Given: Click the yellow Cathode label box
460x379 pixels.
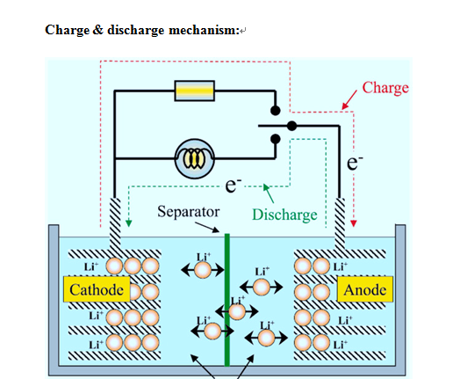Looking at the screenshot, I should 97,290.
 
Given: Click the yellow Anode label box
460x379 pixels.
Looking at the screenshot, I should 364,290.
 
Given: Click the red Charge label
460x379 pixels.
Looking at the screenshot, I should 385,88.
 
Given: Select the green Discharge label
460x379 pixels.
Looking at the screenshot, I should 284,215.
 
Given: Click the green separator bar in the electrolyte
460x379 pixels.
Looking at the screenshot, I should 227,299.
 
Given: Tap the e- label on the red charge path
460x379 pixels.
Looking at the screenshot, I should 355,163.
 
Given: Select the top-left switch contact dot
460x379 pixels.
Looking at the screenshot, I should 275,113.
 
